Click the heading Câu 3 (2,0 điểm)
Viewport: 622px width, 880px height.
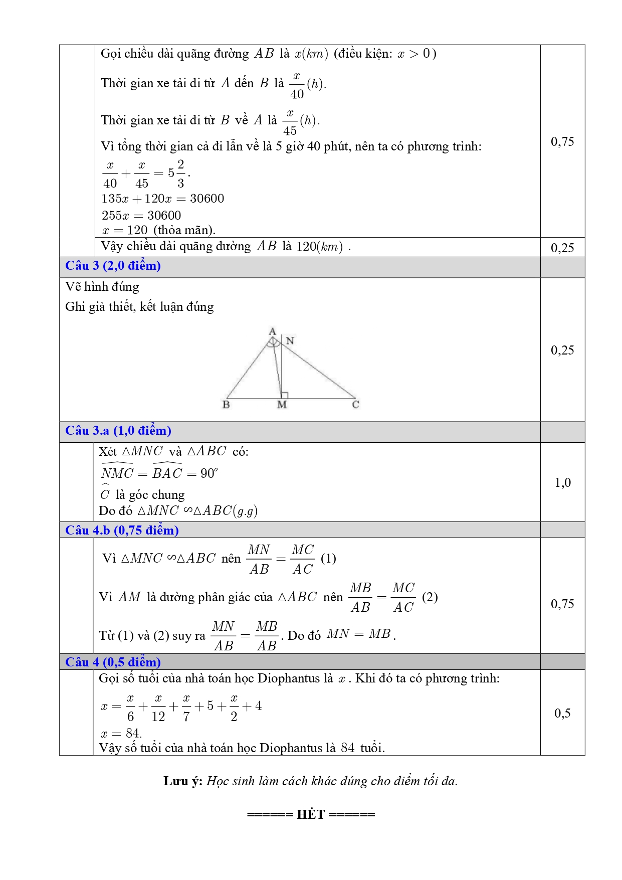(113, 266)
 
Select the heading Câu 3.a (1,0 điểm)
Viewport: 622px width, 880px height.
(118, 431)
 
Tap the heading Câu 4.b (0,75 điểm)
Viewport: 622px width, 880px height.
(122, 530)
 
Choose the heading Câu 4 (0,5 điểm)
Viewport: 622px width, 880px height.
(113, 662)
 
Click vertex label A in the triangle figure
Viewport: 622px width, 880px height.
(272, 331)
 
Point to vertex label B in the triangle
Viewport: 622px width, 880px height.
(226, 405)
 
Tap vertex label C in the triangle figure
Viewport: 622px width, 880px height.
(355, 405)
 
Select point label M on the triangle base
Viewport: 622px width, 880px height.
(282, 405)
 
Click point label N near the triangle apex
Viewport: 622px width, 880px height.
(290, 341)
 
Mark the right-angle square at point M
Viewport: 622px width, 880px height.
(284, 395)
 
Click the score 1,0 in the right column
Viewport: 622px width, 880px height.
(562, 483)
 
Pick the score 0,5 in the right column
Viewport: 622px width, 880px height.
(562, 713)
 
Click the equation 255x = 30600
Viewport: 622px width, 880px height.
(141, 216)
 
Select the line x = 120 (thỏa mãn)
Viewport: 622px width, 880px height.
(158, 230)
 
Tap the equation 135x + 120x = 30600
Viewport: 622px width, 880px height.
(163, 199)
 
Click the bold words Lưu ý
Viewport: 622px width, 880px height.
(182, 781)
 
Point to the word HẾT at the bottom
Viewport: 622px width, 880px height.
(311, 814)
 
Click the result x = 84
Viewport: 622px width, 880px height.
(121, 733)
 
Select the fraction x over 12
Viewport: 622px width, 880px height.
(158, 707)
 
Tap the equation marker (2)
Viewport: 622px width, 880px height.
(430, 597)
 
